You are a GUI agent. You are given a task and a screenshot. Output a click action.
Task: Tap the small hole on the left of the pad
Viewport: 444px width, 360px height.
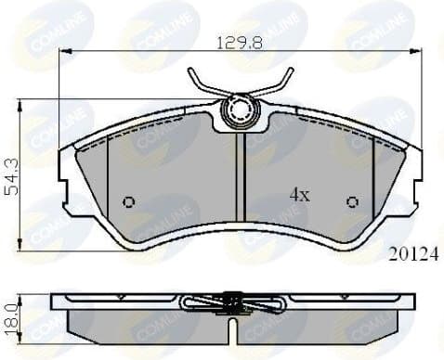pyautogui.click(x=129, y=202)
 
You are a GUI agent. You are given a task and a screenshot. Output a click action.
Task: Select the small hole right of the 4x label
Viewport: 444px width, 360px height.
pyautogui.click(x=352, y=202)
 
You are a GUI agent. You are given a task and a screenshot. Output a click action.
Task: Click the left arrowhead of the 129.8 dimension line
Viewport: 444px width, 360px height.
pyautogui.click(x=63, y=51)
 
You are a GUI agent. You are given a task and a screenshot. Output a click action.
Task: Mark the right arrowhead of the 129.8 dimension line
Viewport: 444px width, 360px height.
pyautogui.click(x=418, y=51)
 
